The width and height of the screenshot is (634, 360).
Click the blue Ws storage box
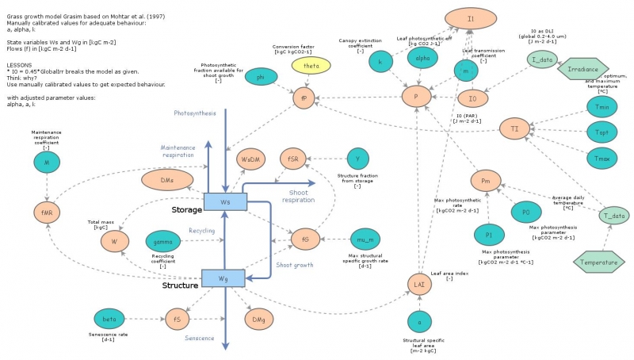coord(225,203)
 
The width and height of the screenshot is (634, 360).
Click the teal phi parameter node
coord(260,77)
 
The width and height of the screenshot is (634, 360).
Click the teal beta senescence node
coord(110,320)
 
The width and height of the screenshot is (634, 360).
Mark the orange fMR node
coord(46,213)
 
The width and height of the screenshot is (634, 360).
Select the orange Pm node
coord(487,182)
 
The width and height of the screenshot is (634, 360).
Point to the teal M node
coord(47,163)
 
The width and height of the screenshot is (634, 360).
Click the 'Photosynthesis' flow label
coord(194,113)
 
